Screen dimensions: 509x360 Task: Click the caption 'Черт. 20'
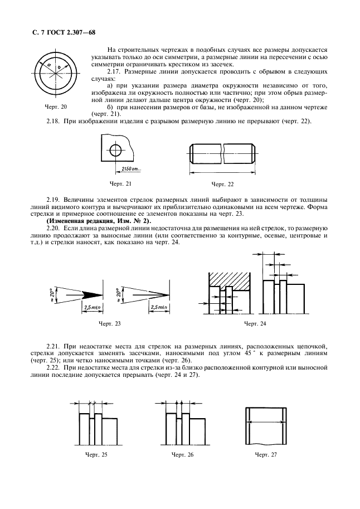pos(55,106)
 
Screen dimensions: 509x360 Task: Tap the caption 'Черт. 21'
pos(121,182)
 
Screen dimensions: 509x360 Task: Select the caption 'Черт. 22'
pos(223,183)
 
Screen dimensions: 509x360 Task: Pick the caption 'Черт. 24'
pos(255,323)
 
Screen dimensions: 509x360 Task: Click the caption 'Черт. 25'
pos(96,455)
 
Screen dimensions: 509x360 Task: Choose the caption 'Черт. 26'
pos(182,455)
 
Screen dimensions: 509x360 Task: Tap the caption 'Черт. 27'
pos(266,455)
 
